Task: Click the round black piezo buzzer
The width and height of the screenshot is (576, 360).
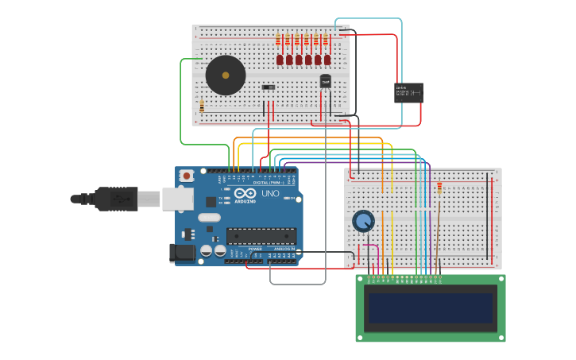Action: point(226,75)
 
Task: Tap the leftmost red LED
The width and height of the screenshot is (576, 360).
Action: point(280,60)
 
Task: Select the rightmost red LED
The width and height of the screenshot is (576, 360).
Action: point(327,60)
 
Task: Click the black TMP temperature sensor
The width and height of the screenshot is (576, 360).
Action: point(325,81)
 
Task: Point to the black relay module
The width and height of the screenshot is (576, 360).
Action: point(408,93)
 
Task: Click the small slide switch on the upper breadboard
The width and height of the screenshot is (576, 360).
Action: point(269,87)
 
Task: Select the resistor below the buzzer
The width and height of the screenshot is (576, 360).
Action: point(202,106)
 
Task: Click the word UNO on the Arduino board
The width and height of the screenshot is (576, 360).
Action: point(270,193)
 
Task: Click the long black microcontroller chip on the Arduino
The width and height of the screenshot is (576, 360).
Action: point(261,235)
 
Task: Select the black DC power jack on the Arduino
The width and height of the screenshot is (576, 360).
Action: point(182,254)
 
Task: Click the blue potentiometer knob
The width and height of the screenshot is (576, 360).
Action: point(363,221)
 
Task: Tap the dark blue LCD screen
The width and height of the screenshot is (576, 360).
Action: point(430,308)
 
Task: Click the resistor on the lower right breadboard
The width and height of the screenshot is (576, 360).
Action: point(439,188)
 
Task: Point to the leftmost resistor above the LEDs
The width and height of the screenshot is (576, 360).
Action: point(278,40)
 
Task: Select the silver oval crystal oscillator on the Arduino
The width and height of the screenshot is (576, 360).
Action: point(209,217)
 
